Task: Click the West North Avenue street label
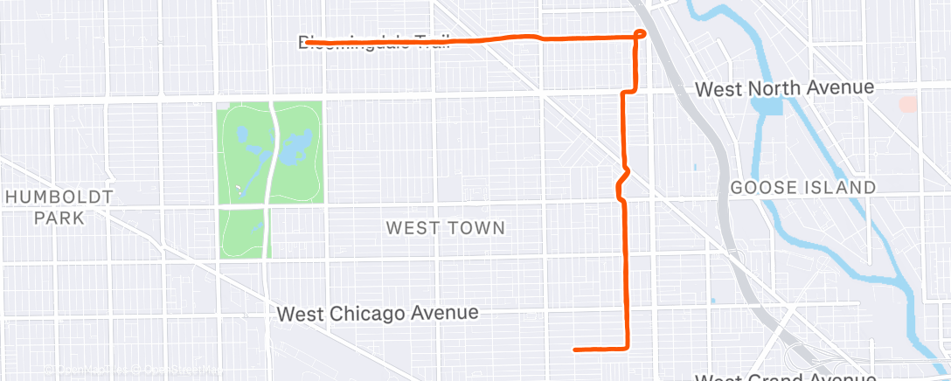tap(784, 88)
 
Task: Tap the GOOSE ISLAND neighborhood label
tap(802, 188)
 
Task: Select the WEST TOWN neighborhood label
tap(446, 228)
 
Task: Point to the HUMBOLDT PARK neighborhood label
tap(59, 206)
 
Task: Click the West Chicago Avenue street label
tap(378, 313)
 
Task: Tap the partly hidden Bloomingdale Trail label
tap(376, 41)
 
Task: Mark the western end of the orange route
tap(307, 41)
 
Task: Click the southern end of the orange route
tap(574, 350)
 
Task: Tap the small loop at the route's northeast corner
tap(641, 34)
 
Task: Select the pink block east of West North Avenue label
tap(909, 103)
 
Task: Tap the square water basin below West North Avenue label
tap(767, 107)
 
